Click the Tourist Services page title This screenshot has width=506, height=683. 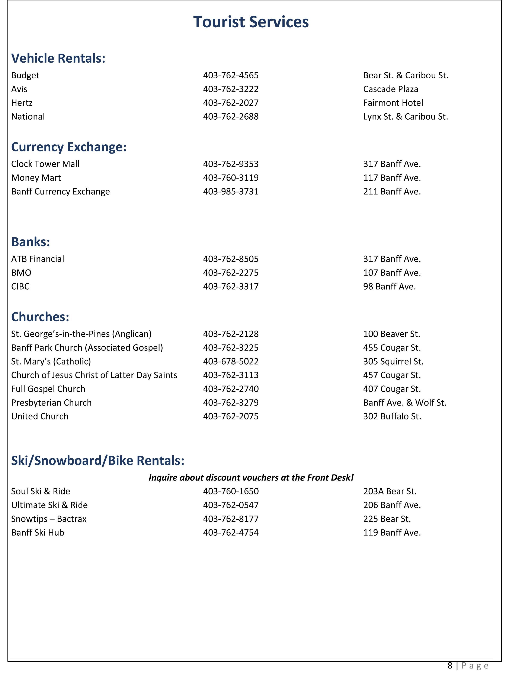coord(251,22)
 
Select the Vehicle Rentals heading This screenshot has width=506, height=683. coord(58,58)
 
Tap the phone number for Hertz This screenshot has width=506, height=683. coord(231,103)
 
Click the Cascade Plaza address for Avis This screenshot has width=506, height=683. coord(391,89)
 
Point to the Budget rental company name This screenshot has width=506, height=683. coord(25,75)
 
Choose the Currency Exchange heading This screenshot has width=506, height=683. coord(69,147)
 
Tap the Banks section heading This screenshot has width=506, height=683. coord(31,242)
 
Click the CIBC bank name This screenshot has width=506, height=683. coord(20,286)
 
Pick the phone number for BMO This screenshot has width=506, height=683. coord(231,273)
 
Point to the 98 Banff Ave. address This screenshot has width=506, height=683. coord(389,286)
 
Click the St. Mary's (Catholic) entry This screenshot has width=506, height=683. coord(51,362)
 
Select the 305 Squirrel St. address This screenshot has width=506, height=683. coord(393,362)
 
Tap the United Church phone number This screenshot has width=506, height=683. coord(231,416)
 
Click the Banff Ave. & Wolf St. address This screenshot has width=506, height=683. coord(405,403)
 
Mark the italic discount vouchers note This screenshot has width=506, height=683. coord(251,478)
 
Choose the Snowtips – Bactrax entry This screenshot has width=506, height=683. coord(49,519)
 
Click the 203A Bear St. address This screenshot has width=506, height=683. coord(390,491)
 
